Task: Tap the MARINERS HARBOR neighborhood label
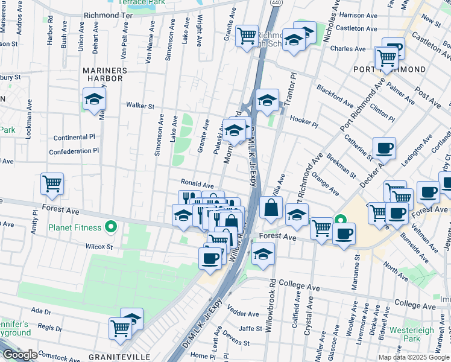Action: pyautogui.click(x=105, y=75)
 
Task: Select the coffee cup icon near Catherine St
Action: pyautogui.click(x=384, y=147)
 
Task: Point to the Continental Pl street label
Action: pyautogui.click(x=74, y=138)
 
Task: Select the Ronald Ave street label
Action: pyautogui.click(x=197, y=183)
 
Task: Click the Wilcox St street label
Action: pyautogui.click(x=99, y=247)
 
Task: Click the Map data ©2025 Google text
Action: pyautogui.click(x=414, y=357)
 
